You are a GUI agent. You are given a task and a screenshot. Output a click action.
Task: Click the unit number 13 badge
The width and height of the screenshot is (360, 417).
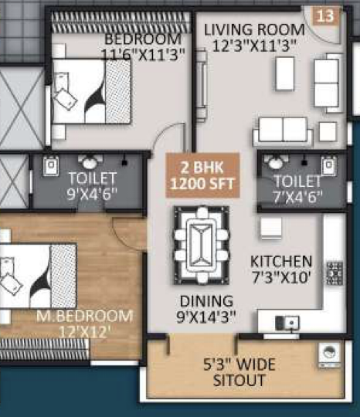(326, 16)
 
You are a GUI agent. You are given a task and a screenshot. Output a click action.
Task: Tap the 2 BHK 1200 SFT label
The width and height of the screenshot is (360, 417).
(202, 175)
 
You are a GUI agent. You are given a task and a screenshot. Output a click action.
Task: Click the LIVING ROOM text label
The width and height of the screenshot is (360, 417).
(254, 29)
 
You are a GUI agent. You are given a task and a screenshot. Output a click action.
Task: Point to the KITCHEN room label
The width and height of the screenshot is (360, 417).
(281, 262)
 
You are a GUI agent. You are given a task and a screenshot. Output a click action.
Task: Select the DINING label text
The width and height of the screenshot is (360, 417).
(206, 301)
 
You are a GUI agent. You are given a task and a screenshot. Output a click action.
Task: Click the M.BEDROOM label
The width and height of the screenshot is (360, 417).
(84, 316)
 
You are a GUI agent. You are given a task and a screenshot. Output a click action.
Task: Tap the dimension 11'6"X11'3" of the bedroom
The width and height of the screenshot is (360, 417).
(143, 55)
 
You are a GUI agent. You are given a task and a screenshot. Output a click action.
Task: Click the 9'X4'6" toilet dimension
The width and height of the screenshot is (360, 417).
(92, 194)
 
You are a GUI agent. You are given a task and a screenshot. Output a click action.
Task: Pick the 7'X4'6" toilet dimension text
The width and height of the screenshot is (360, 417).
(298, 197)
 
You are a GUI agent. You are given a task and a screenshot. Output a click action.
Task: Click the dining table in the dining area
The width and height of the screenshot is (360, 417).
(202, 245)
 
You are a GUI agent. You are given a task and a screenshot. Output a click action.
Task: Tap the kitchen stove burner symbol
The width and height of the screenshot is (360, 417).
(335, 273)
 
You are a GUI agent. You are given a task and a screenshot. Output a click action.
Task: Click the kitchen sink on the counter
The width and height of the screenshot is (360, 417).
(287, 323)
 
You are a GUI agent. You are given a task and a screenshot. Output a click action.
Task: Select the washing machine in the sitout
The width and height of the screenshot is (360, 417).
(329, 354)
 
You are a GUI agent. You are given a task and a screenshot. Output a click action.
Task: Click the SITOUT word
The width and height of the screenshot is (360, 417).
(239, 380)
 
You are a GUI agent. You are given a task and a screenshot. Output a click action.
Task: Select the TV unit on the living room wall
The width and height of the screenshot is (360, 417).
(202, 86)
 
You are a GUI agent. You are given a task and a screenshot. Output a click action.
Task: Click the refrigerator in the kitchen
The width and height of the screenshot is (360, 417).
(271, 228)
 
